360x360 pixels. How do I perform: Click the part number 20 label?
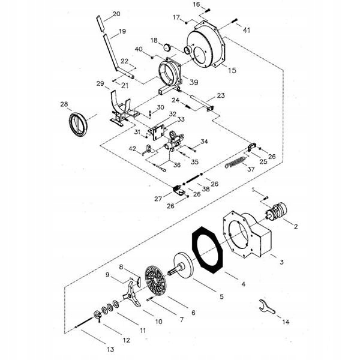116,13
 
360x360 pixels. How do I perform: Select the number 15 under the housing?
232,70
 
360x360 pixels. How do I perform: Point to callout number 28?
64,104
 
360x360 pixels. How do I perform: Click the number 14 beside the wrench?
286,322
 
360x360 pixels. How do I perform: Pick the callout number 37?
250,169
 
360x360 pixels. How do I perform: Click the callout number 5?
221,296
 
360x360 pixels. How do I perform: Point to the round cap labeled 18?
167,47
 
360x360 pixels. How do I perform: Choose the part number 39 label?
193,82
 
